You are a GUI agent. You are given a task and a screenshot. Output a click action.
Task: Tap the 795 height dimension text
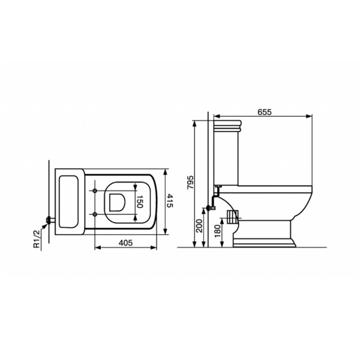189,183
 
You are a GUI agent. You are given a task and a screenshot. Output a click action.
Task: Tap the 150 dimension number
139,202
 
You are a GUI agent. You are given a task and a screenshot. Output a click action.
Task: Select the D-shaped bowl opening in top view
116,202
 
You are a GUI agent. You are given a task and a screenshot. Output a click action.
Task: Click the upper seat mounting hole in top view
96,191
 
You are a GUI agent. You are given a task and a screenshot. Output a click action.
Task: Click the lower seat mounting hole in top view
96,213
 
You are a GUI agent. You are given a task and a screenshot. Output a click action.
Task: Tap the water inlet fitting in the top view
48,220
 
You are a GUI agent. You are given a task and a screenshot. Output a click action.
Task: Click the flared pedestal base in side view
266,241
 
